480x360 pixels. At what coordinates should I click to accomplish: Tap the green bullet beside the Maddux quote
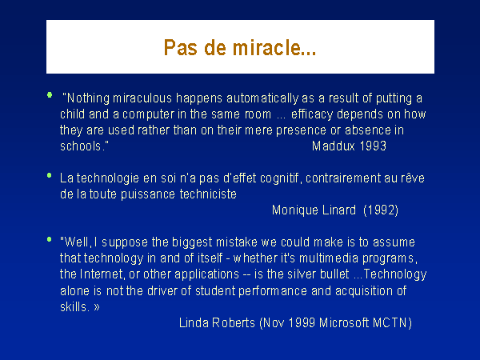tap(50, 95)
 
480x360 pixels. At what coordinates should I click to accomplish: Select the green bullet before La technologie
tap(50, 175)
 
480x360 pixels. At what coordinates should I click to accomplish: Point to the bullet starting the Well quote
tap(50, 239)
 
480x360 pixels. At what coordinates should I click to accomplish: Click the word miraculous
tap(142, 98)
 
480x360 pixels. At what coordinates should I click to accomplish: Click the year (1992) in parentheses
tap(381, 210)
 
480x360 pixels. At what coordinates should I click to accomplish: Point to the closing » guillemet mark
tap(97, 307)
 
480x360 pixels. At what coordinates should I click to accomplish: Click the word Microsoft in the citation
tap(344, 323)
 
